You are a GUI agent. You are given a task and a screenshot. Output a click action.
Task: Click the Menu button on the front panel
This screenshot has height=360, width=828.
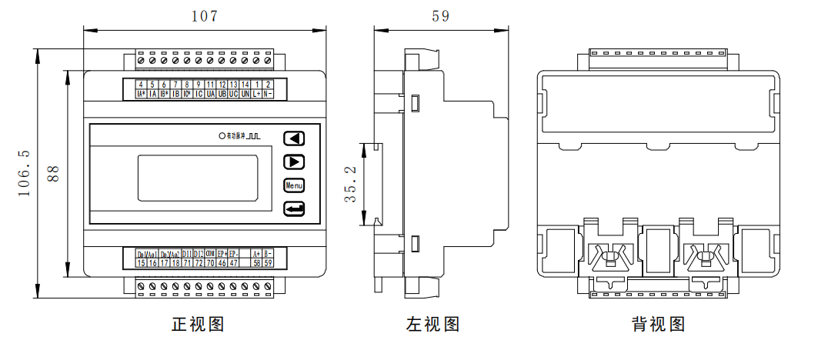click(294, 185)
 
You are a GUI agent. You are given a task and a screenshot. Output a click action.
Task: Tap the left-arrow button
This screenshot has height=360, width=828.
click(294, 138)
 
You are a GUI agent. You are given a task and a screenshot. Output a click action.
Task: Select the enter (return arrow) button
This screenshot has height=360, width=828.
click(294, 208)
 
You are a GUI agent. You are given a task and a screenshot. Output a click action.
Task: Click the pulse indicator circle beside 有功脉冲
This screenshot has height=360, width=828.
click(222, 135)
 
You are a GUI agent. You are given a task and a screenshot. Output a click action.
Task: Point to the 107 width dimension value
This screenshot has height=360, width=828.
click(204, 16)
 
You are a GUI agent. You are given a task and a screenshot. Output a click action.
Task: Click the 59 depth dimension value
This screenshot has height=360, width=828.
click(441, 16)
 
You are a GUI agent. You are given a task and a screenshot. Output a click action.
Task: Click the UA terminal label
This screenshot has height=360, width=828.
click(210, 94)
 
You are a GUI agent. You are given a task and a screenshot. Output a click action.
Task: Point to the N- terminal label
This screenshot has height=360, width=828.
click(268, 94)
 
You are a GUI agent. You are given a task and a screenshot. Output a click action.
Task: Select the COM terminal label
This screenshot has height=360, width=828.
click(210, 253)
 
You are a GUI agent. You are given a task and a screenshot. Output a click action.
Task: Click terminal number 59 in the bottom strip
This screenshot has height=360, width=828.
click(268, 263)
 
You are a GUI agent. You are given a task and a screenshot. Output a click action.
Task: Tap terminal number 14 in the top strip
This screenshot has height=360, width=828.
click(245, 84)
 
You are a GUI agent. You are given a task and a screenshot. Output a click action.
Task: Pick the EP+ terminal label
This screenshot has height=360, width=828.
click(222, 253)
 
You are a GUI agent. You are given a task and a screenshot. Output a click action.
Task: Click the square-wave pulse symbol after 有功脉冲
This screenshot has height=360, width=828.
click(255, 135)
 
